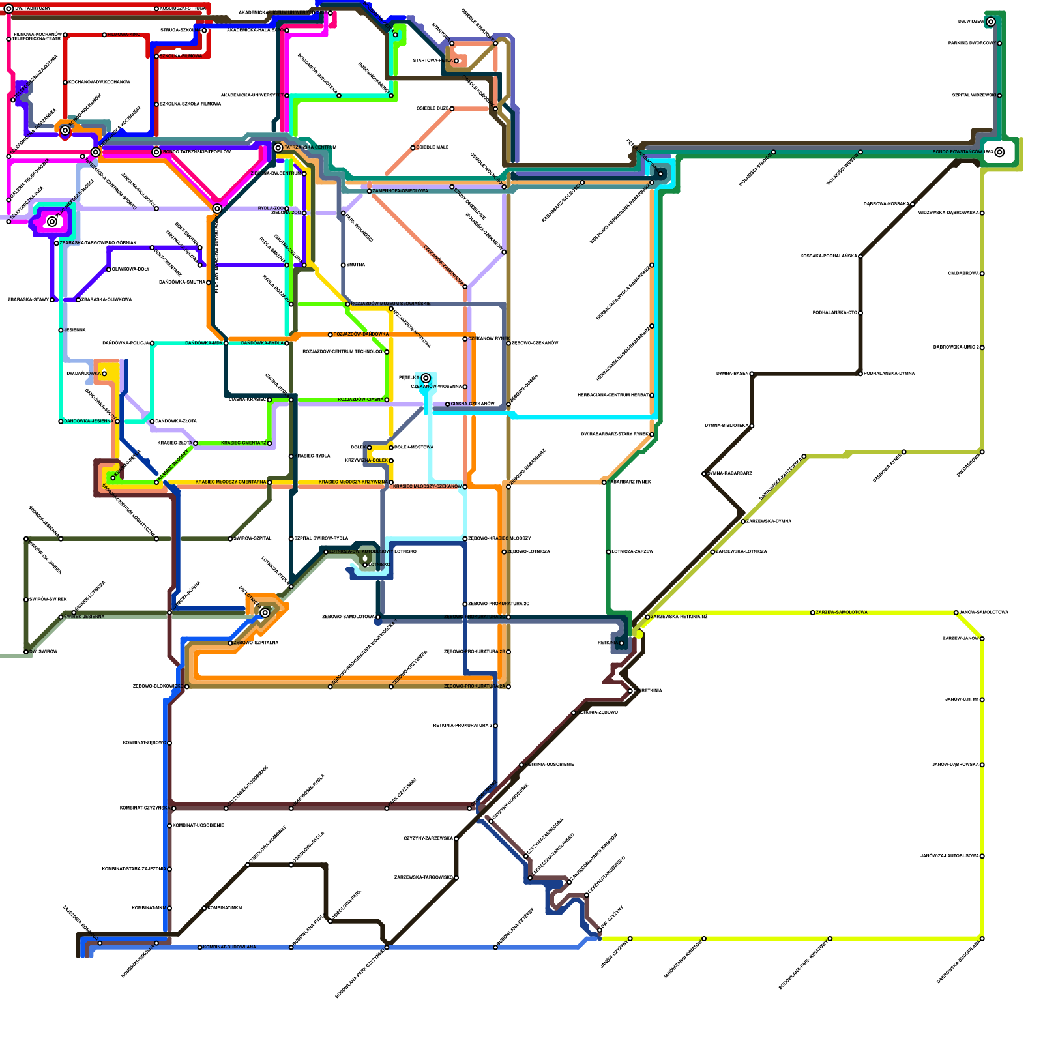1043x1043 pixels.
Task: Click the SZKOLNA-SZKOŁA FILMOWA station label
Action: [x=190, y=104]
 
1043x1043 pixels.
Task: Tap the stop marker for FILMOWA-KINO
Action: [x=104, y=35]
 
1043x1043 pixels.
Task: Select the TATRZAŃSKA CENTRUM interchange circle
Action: [x=278, y=147]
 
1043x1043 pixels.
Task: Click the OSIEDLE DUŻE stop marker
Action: [x=452, y=108]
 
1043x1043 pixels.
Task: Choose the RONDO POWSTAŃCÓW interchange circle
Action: [x=999, y=152]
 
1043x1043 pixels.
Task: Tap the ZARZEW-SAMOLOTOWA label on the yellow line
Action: [x=842, y=612]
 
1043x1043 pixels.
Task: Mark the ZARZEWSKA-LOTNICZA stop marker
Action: [x=712, y=551]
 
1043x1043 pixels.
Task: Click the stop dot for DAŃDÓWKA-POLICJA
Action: [x=152, y=343]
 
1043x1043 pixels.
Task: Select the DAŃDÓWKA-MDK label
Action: [x=204, y=343]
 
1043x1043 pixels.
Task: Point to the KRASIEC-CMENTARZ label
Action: [x=243, y=443]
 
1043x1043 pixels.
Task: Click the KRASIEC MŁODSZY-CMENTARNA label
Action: [x=230, y=482]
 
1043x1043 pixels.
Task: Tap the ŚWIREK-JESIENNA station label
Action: [x=84, y=617]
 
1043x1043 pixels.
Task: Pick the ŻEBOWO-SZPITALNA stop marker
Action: [x=230, y=643]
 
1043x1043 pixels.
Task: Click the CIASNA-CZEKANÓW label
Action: [x=473, y=404]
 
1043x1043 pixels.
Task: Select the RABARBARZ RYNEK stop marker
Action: [x=604, y=482]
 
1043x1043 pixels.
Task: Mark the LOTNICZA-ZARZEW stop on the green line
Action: [x=608, y=551]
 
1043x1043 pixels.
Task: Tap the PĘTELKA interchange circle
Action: [x=426, y=378]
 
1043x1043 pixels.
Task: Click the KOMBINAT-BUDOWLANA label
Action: [x=229, y=947]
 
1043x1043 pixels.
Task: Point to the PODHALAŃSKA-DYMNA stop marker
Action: [x=860, y=374]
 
